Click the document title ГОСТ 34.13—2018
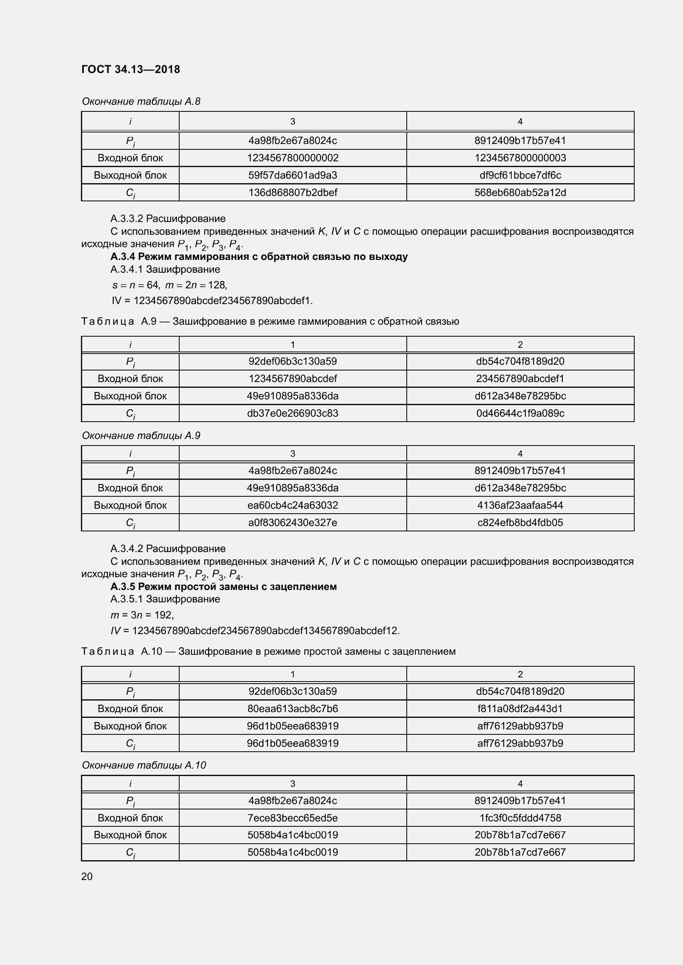pyautogui.click(x=130, y=69)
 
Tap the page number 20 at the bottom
pyautogui.click(x=87, y=876)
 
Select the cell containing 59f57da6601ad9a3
pyautogui.click(x=292, y=175)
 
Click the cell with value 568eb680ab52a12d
pyautogui.click(x=520, y=193)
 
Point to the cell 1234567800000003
pyautogui.click(x=520, y=158)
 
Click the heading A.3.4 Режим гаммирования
pyautogui.click(x=258, y=256)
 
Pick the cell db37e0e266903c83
pyautogui.click(x=292, y=413)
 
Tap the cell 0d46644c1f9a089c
pyautogui.click(x=520, y=413)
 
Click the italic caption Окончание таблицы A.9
pyautogui.click(x=141, y=435)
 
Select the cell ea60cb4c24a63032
pyautogui.click(x=292, y=505)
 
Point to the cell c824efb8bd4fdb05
pyautogui.click(x=520, y=522)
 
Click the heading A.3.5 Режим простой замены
pyautogui.click(x=223, y=586)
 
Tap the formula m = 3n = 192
pyautogui.click(x=142, y=615)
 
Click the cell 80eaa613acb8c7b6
pyautogui.click(x=292, y=709)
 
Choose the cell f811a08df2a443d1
pyautogui.click(x=520, y=709)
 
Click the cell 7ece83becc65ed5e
pyautogui.click(x=292, y=818)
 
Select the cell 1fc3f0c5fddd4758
pyautogui.click(x=520, y=818)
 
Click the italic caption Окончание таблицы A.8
pyautogui.click(x=141, y=101)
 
